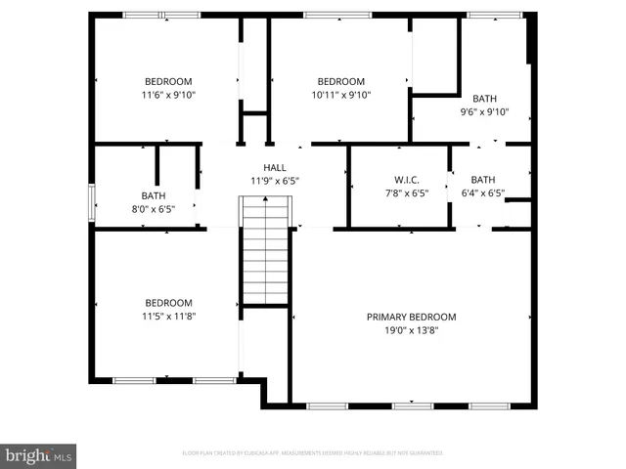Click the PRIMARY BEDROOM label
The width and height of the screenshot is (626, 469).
pos(411,317)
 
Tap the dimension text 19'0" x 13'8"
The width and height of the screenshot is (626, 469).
pos(411,330)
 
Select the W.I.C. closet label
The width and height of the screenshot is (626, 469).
pos(406,180)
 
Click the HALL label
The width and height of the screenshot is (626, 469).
pos(274,168)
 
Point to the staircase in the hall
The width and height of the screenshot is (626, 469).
pos(266,249)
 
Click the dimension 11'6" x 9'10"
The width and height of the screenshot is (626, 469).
pos(168,95)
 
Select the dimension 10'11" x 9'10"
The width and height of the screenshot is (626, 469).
pos(340,95)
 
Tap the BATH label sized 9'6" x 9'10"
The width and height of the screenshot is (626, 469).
pos(484,99)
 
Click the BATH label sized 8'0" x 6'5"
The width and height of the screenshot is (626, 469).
pos(154,195)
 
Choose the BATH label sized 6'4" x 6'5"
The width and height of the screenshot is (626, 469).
pos(483,180)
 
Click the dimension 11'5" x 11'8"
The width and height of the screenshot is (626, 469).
pos(168,316)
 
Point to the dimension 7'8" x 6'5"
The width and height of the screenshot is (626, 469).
pos(406,193)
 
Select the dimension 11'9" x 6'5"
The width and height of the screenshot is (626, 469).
pos(274,181)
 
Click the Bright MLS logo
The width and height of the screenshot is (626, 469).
pos(39,454)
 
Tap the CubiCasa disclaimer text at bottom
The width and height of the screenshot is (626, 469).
pos(313,453)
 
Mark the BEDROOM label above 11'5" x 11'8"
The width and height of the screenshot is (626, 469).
pos(168,303)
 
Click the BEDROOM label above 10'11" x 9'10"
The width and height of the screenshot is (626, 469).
pos(340,82)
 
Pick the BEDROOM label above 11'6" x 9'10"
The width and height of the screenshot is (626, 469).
pos(168,82)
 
